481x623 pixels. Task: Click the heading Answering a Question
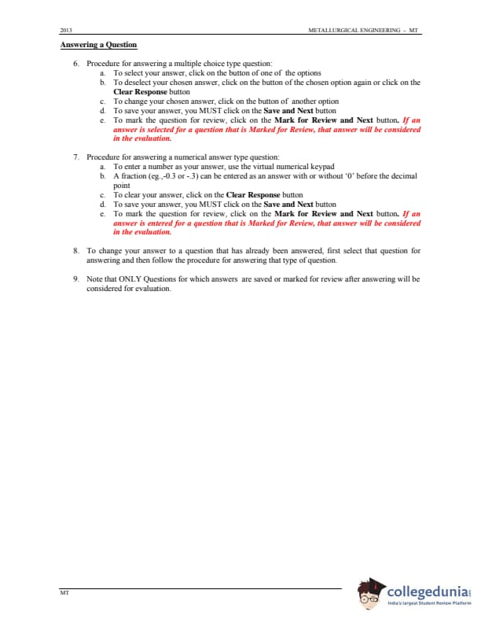98,45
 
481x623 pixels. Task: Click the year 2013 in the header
66,31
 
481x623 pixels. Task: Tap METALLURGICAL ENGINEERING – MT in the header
365,31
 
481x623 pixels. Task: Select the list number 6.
75,63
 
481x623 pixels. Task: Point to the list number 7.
75,157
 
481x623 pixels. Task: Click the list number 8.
75,250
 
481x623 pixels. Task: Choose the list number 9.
75,278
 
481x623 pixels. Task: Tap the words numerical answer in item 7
196,157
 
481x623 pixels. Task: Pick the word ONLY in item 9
130,278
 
